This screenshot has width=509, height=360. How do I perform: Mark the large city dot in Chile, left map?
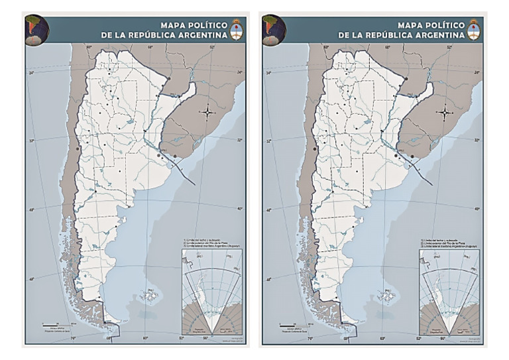(78, 149)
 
